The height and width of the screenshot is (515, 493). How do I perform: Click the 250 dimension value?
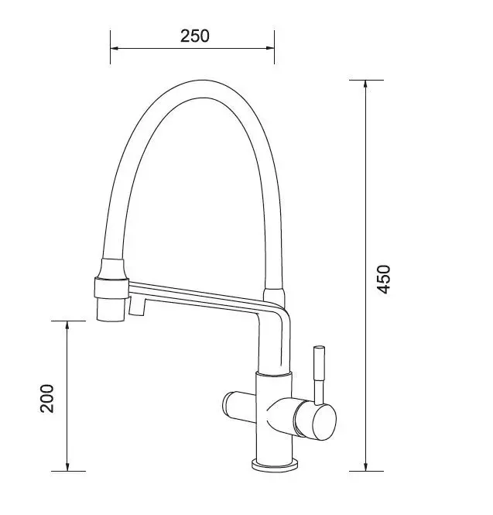(x=194, y=36)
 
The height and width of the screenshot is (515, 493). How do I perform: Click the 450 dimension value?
(x=383, y=279)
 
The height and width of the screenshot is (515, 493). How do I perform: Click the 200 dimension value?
(x=46, y=398)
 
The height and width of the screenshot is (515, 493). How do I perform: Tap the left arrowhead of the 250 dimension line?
(x=114, y=48)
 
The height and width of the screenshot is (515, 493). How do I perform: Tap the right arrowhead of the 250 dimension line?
(x=270, y=48)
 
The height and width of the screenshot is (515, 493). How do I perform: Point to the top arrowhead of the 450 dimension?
(x=365, y=84)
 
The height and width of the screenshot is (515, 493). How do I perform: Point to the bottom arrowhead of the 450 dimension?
(x=365, y=467)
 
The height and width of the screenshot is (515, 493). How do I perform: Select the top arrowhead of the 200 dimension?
(x=67, y=325)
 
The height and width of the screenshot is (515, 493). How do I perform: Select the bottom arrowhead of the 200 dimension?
(x=67, y=467)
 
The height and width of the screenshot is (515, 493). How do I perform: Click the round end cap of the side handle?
(x=324, y=422)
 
